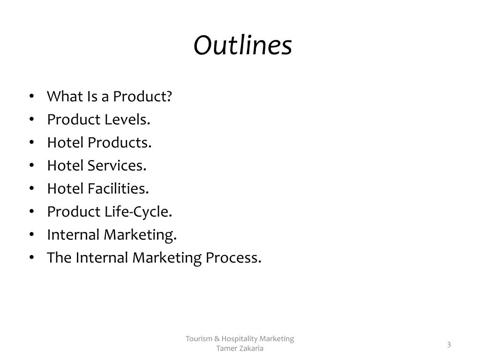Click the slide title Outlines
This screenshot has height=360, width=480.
(x=243, y=45)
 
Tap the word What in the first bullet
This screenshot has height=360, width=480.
(x=64, y=97)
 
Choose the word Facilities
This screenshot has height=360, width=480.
(x=119, y=188)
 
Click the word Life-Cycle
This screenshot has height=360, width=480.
(x=138, y=212)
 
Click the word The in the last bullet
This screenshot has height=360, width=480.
(x=60, y=258)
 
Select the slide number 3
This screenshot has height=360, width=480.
(x=449, y=345)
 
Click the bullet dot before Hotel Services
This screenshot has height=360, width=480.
(x=31, y=165)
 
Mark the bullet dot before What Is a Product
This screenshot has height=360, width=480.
(x=31, y=97)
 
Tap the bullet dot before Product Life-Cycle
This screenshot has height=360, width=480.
(x=31, y=212)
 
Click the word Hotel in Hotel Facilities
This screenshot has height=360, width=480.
(x=65, y=188)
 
